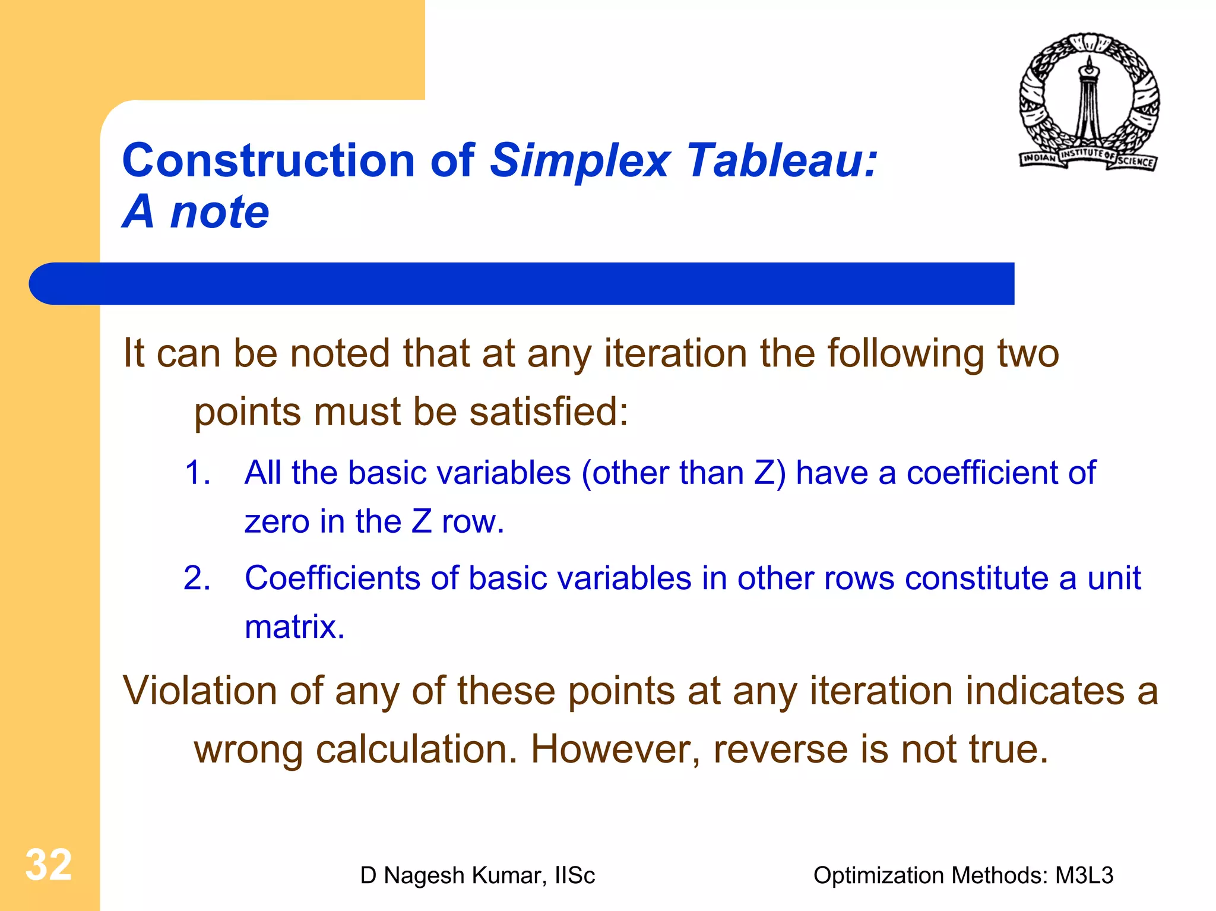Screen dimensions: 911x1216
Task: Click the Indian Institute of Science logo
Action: point(1090,102)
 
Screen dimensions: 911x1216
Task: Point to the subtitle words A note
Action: point(196,212)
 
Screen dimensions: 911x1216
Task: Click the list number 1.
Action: point(197,473)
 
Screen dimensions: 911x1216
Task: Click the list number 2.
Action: point(197,578)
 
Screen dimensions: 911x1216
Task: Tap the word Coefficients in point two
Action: point(332,578)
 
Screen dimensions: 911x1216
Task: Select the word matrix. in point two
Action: point(294,627)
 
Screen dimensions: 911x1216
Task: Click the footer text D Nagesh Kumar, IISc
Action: point(477,875)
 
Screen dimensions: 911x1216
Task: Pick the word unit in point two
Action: point(1114,578)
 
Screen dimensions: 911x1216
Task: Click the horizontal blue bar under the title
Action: point(522,284)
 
